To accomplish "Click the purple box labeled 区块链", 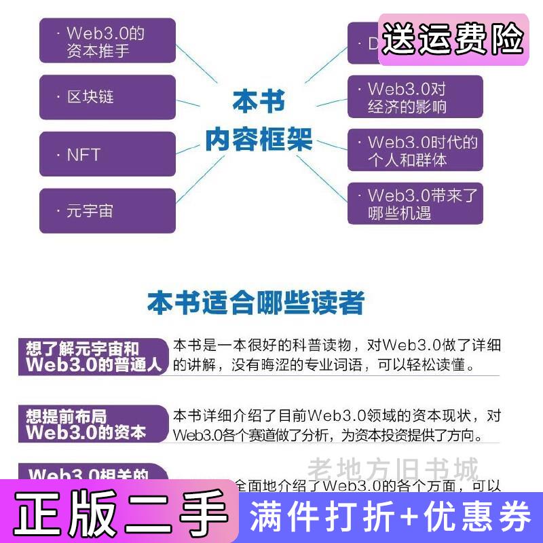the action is [x=107, y=97].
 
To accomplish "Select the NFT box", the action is [x=107, y=155].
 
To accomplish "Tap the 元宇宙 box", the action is [x=107, y=211].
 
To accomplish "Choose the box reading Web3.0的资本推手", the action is [x=107, y=41].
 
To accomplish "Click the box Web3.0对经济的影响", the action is [x=415, y=98].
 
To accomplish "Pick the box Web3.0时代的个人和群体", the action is [x=415, y=151].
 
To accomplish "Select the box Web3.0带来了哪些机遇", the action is [x=415, y=204].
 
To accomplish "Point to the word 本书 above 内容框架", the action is [x=259, y=103].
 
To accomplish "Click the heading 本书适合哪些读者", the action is [x=256, y=303].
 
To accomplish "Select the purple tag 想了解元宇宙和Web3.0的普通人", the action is [x=93, y=356].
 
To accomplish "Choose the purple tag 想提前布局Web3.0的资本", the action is [x=92, y=424].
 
